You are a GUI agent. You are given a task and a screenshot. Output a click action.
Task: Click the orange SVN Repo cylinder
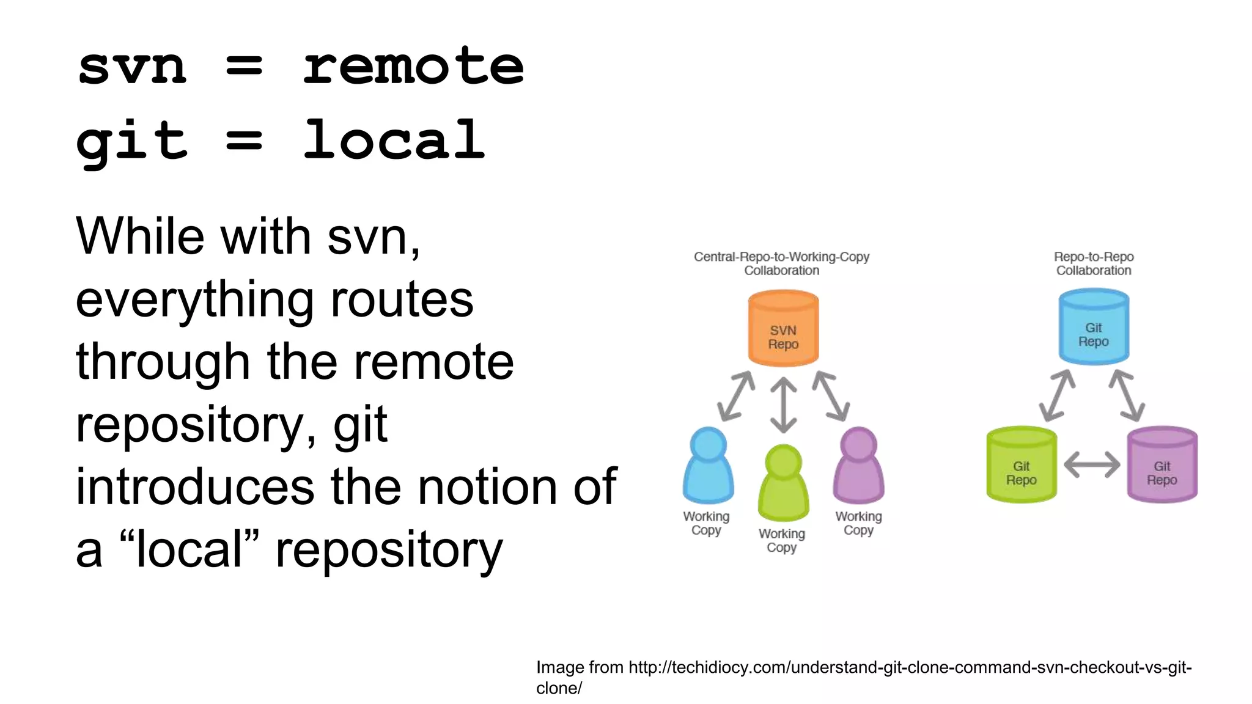783,329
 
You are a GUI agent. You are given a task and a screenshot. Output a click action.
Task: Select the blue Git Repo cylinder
1093,328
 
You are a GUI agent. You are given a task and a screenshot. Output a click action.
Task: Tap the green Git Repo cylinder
1021,466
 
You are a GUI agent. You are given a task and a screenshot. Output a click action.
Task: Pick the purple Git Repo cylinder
1162,466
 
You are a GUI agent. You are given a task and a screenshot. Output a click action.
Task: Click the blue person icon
708,466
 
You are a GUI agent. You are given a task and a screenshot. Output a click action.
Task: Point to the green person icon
783,483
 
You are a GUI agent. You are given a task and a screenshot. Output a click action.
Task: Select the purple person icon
858,466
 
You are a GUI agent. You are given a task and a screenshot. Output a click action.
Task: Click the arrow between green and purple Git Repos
1092,466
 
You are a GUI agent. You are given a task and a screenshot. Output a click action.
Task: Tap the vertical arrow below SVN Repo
783,405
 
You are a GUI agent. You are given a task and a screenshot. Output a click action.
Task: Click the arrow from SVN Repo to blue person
736,396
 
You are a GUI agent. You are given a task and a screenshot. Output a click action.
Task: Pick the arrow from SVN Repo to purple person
831,396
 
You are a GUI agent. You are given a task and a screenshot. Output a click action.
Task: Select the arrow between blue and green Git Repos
1058,395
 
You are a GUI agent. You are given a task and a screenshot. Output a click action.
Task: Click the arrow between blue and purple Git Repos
1127,395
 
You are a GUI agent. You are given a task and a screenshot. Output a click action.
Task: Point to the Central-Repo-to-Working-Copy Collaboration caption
781,263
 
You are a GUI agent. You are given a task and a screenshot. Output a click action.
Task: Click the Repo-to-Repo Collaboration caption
1094,263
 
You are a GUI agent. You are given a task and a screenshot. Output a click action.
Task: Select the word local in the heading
394,140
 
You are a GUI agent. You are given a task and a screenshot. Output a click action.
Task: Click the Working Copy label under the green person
782,540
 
